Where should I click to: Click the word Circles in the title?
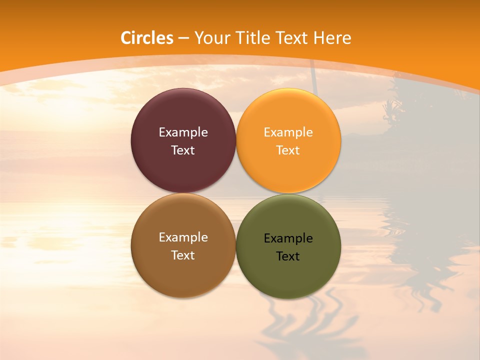point(147,38)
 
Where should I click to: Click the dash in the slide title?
point(183,38)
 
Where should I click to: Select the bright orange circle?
point(288,170)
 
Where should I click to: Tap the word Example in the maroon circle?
point(183,132)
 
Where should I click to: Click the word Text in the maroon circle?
point(183,150)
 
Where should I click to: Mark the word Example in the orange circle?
point(288,132)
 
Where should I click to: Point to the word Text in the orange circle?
point(288,150)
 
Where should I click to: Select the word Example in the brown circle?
point(183,237)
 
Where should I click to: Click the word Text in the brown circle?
point(183,255)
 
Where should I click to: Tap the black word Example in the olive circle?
point(288,238)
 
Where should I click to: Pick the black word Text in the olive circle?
point(288,256)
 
